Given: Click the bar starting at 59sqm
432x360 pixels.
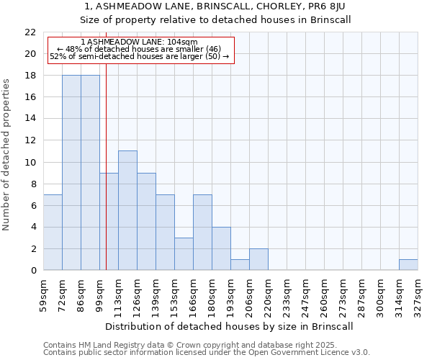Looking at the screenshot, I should (53, 233).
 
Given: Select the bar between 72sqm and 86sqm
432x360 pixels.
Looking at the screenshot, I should (71, 173).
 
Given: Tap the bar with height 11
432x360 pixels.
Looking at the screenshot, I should (127, 210).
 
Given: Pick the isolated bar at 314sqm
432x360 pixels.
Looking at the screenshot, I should (408, 265).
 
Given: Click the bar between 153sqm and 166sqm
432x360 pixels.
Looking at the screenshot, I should (184, 254).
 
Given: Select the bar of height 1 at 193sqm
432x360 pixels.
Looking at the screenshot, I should (240, 265).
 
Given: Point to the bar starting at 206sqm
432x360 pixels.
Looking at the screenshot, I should (258, 259).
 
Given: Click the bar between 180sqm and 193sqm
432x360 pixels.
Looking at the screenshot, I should (221, 248).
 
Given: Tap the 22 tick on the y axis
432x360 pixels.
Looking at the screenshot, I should (30, 32).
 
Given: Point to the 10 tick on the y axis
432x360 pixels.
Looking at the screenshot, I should (30, 162).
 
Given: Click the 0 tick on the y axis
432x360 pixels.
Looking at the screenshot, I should (33, 271).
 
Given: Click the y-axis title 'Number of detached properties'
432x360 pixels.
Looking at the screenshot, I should (7, 155).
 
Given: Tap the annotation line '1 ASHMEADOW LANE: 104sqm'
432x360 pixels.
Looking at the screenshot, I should (139, 42).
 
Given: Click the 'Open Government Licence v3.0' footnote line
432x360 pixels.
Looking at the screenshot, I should (207, 353).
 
